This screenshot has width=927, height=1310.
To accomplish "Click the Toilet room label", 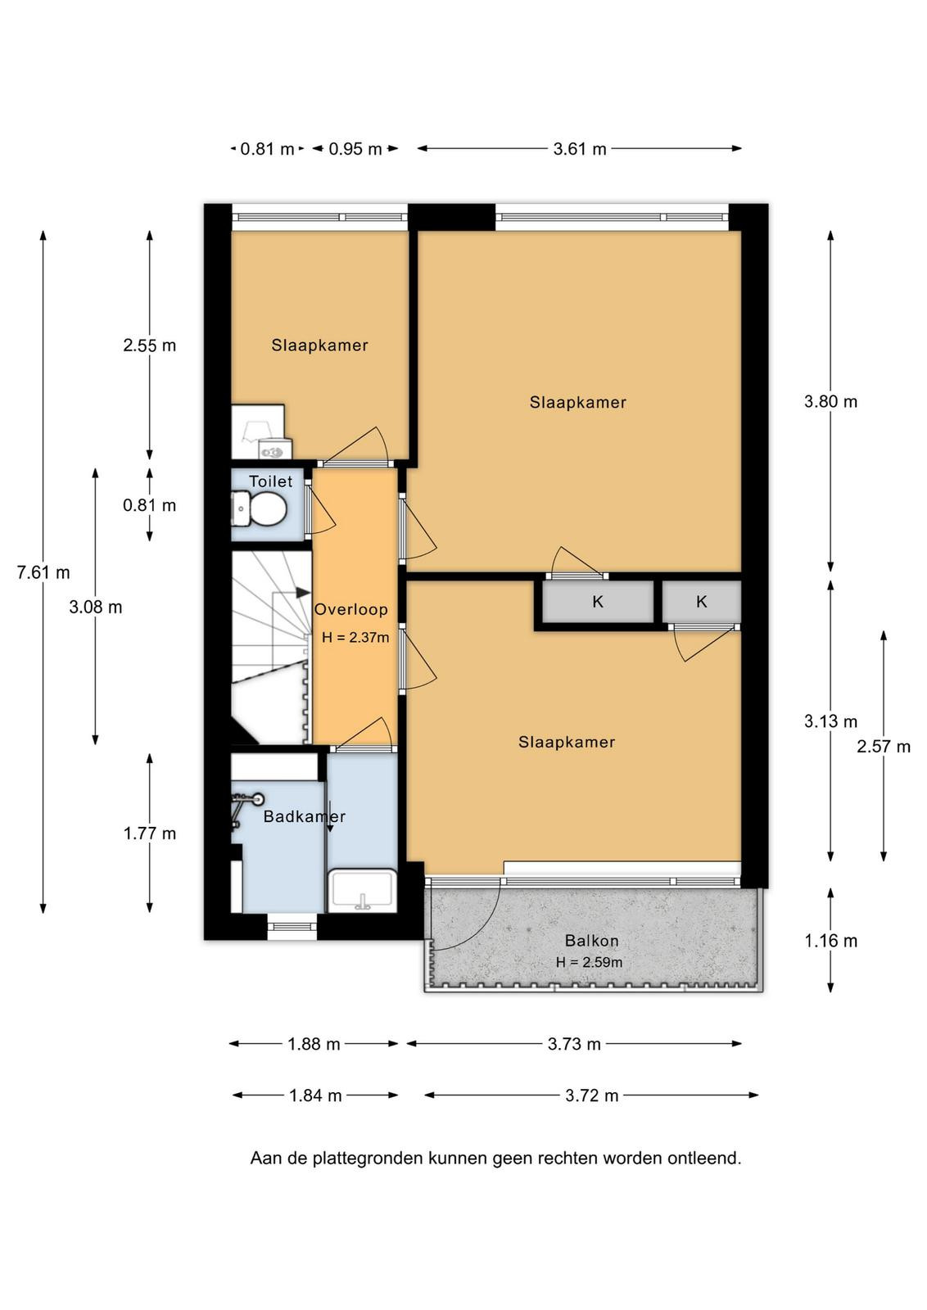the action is tap(270, 481).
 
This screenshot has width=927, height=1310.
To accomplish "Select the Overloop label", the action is tap(351, 609).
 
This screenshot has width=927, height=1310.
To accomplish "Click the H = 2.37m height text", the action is tap(355, 637).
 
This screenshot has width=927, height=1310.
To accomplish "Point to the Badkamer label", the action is tap(304, 816).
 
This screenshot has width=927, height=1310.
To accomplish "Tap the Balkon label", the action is tap(591, 941).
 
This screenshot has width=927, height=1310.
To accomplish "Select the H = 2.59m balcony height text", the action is tap(589, 962).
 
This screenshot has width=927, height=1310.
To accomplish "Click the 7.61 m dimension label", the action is tap(43, 572).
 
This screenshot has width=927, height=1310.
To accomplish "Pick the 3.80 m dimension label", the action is tap(830, 402).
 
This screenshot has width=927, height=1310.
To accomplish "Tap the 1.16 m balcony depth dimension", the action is tap(830, 941).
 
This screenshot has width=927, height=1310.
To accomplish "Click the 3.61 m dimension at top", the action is tap(580, 149).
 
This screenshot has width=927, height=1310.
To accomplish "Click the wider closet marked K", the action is tap(598, 602).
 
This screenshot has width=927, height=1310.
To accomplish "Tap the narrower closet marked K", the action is tap(702, 601).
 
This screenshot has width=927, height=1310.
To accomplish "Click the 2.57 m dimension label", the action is tap(884, 747).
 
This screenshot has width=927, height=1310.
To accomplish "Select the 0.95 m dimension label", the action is tap(355, 149).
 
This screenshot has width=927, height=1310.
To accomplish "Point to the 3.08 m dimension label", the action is tap(95, 608).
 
